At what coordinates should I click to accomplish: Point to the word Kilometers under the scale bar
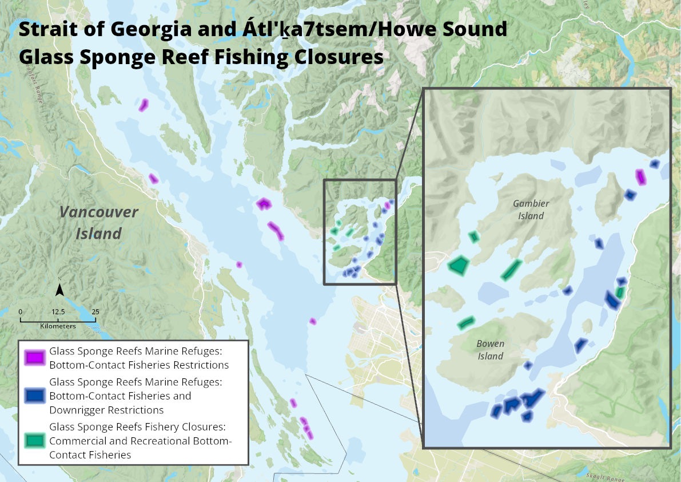[58, 326]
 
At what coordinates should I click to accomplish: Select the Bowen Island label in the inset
[490, 350]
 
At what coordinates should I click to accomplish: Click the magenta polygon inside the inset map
[641, 177]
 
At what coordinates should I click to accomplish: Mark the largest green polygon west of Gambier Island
[459, 264]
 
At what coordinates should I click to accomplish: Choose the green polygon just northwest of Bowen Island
[467, 323]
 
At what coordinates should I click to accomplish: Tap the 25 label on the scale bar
[95, 312]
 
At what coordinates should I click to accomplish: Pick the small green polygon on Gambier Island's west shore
[473, 236]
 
